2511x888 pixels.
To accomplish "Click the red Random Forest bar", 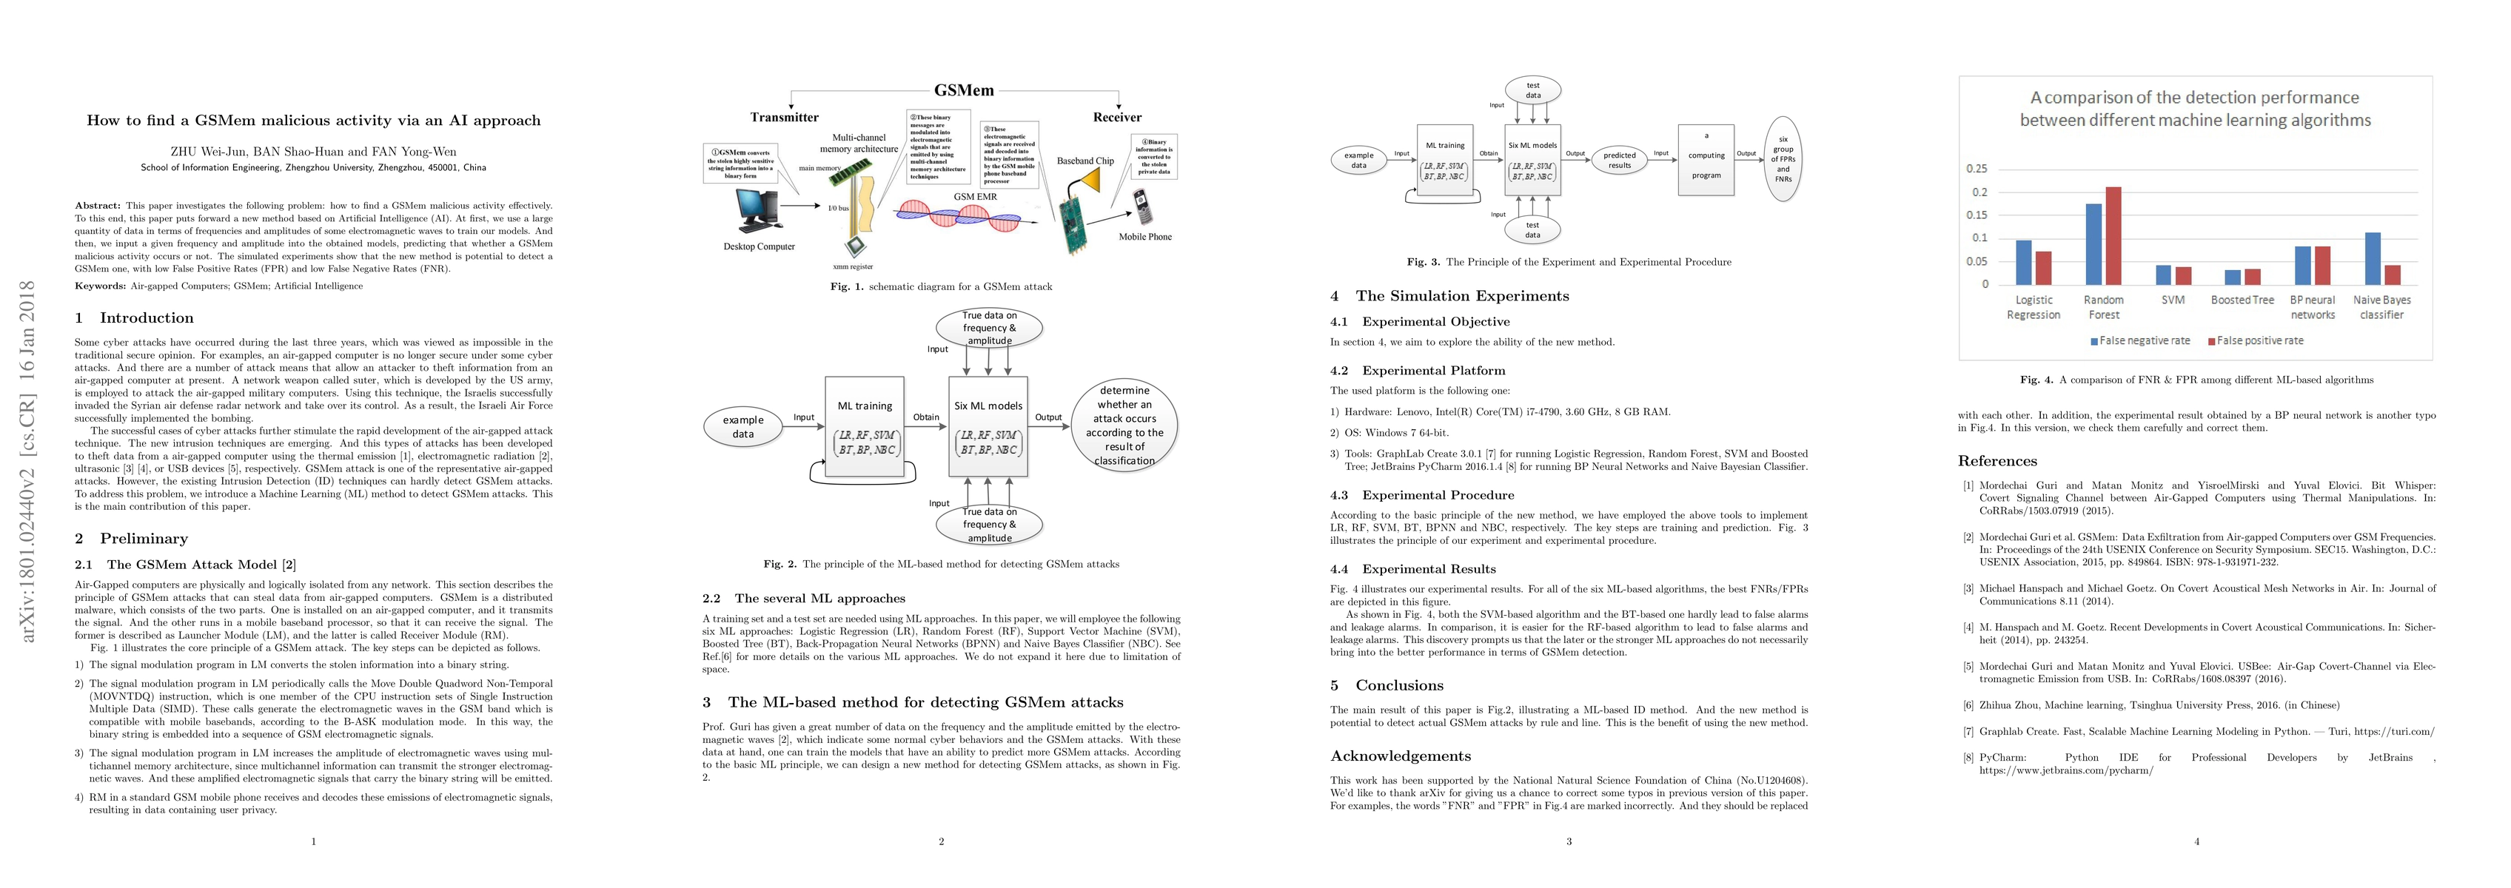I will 2113,235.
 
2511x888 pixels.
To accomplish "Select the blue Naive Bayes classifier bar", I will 2373,258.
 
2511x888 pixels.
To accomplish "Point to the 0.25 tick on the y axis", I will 1977,169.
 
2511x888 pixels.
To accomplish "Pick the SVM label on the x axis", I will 2173,300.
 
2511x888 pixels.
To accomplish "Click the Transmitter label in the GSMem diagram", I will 784,118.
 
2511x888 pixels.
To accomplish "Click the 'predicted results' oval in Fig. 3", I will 1619,160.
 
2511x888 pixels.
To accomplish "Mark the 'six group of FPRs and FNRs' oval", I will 1783,159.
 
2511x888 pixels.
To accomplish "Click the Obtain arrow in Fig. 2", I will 926,424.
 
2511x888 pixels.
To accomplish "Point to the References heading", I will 1997,461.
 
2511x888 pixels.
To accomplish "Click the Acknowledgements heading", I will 1400,756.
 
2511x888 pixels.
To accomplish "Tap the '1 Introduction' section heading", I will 135,317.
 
